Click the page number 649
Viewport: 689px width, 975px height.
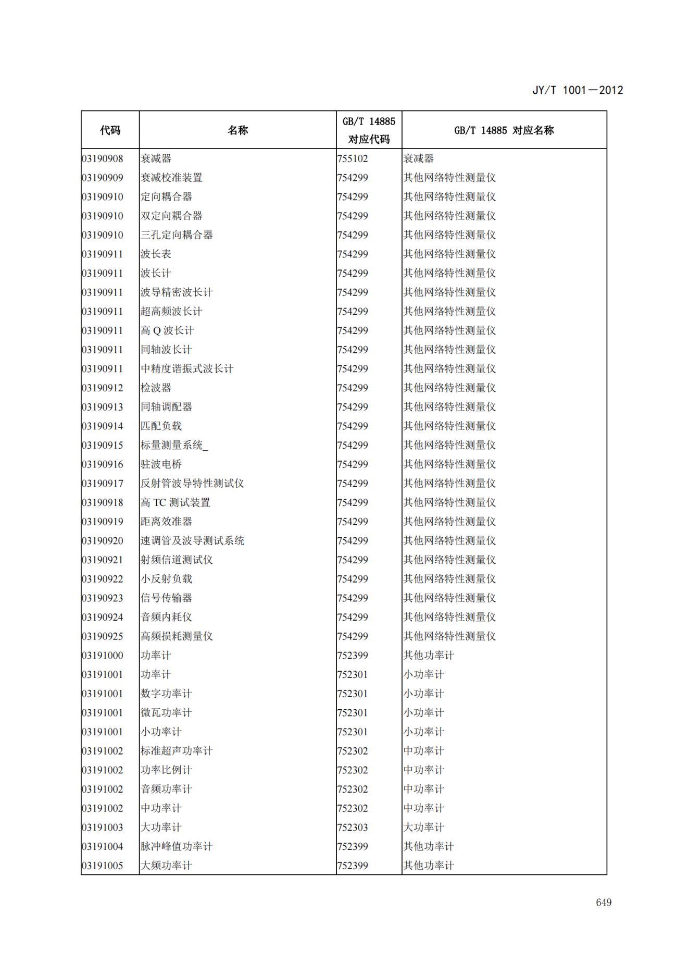pos(603,902)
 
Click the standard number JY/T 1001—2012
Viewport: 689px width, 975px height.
pos(577,90)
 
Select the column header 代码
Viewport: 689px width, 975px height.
pos(110,130)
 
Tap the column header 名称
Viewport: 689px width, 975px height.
pos(237,130)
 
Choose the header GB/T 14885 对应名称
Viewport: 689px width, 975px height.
pos(504,130)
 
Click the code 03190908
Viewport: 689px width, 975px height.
pos(103,158)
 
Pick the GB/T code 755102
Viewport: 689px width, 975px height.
pos(353,158)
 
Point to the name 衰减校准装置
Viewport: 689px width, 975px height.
pos(171,178)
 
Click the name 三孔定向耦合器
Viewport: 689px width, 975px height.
pos(177,235)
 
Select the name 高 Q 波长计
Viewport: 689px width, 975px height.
pos(167,330)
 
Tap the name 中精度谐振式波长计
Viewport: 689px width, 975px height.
pos(187,369)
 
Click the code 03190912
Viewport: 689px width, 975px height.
pos(103,388)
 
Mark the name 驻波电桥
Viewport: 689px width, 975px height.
pos(161,464)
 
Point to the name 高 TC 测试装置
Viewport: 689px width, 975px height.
pos(176,502)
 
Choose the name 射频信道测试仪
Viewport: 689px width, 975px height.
pos(177,560)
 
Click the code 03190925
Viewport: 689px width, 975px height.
pos(103,636)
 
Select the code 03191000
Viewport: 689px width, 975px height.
pos(103,656)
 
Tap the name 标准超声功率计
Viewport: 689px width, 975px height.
pos(177,751)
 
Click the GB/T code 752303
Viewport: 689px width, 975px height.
pos(353,828)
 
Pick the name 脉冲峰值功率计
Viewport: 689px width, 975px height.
pos(177,846)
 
